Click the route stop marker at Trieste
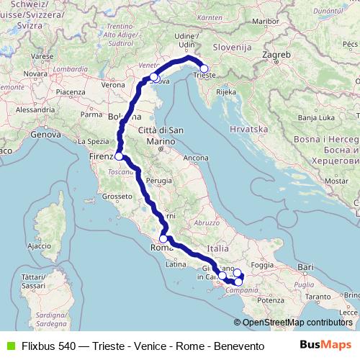coord(204,69)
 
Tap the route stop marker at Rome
coord(163,239)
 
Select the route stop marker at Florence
coord(119,156)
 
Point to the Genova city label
coord(45,134)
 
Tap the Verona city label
coord(113,85)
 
